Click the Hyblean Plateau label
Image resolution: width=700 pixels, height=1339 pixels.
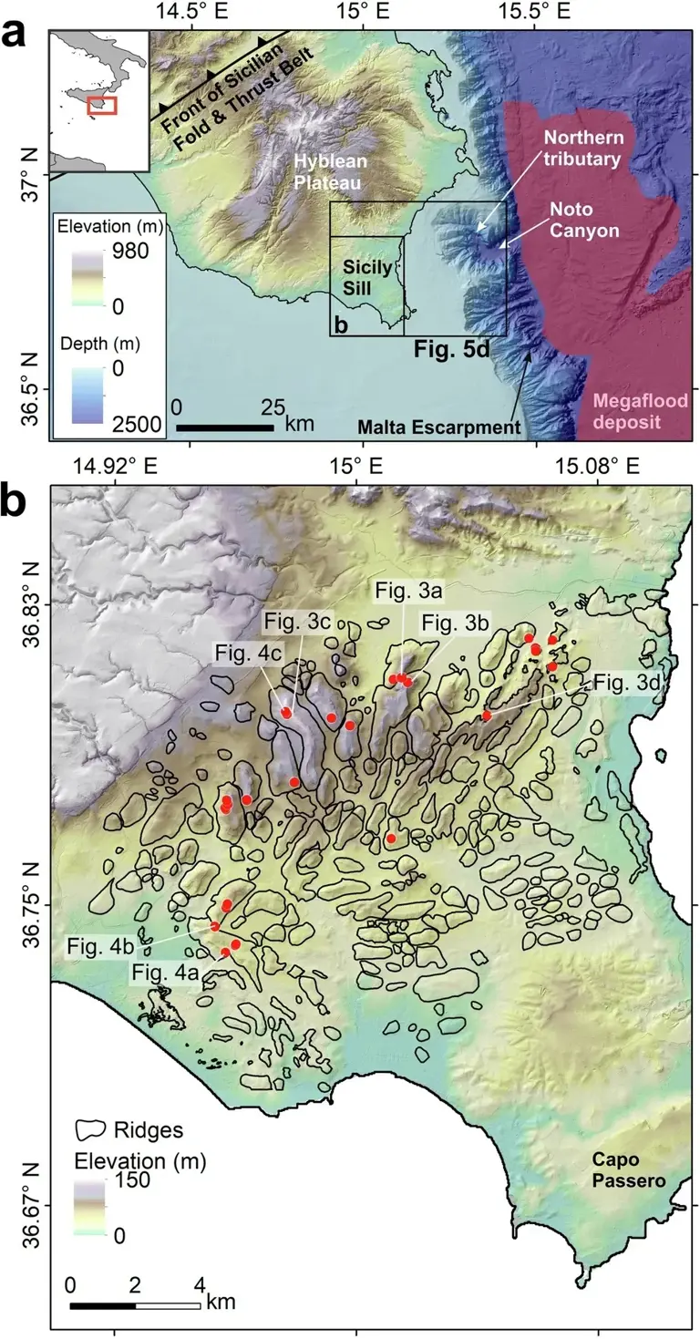point(330,173)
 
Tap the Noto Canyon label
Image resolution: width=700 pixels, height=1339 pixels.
point(584,221)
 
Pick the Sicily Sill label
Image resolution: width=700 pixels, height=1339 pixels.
point(366,276)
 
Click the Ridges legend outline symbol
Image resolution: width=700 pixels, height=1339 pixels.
point(90,1129)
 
